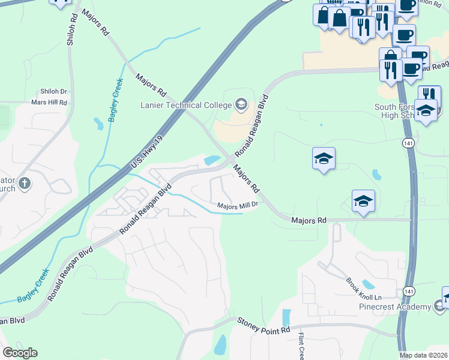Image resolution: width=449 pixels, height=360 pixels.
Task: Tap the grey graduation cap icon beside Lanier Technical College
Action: (241, 105)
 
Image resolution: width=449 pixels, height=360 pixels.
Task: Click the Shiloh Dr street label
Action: (55, 92)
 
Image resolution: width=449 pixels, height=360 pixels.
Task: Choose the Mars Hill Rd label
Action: (49, 103)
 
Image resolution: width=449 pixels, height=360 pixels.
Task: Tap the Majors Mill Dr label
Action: (237, 205)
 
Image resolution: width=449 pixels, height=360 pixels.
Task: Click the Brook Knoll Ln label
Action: (364, 289)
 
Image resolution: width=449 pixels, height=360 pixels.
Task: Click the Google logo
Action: (20, 353)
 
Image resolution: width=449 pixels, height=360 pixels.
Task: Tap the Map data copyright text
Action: (424, 355)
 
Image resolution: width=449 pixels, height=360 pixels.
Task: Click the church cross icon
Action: (24, 184)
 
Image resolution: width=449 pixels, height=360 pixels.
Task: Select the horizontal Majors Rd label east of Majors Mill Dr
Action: (309, 221)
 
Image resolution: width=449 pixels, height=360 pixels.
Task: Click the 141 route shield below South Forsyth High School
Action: (407, 143)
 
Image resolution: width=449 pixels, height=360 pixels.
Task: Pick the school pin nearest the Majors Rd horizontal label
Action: (363, 202)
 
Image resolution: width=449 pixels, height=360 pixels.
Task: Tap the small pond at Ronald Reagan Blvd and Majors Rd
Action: (211, 160)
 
